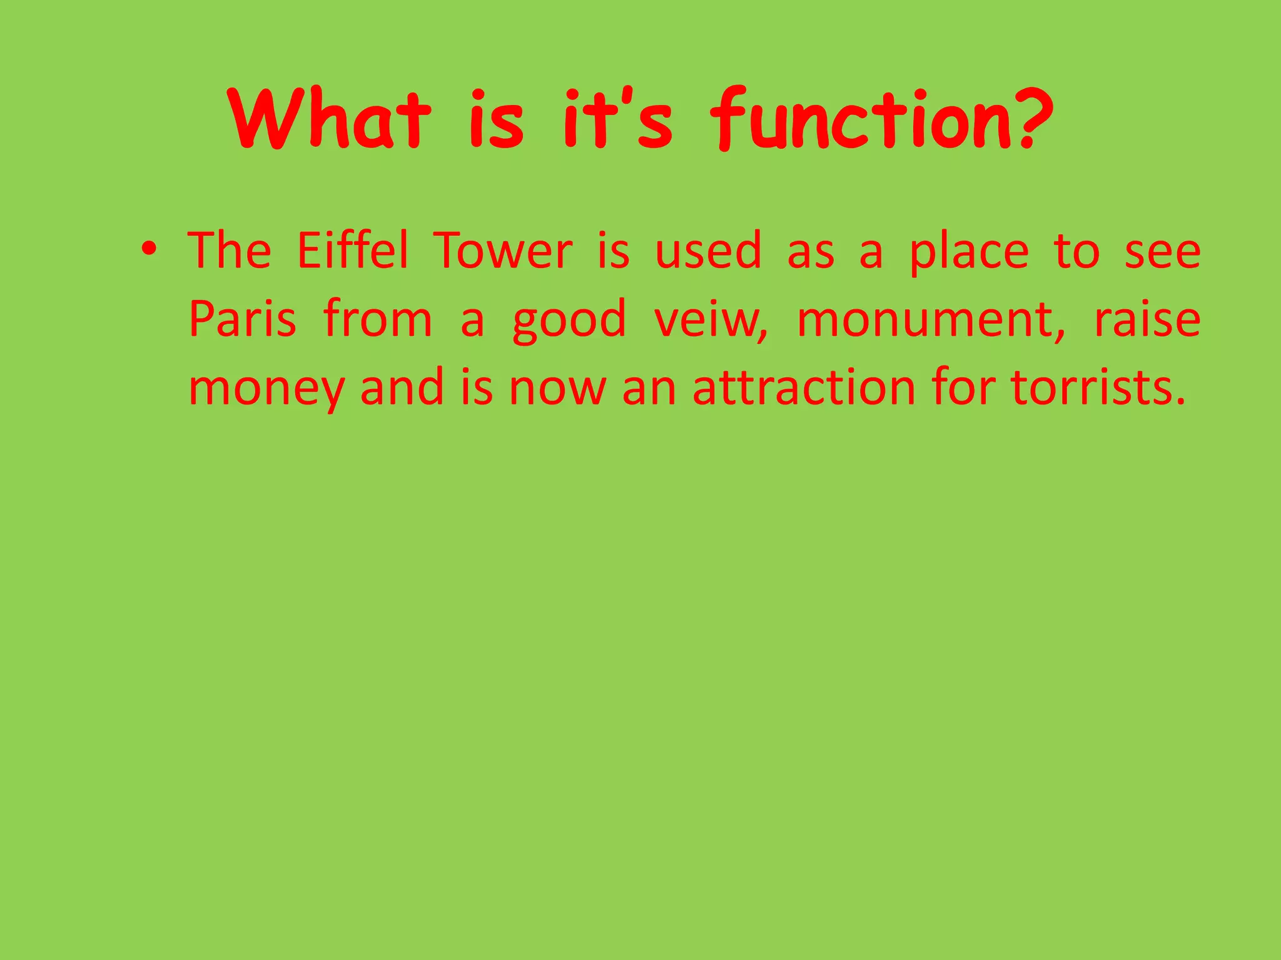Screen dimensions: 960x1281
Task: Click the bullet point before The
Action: point(148,250)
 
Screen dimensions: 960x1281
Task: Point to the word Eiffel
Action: point(352,251)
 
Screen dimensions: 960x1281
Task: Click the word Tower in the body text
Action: point(504,251)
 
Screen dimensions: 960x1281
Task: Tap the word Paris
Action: point(242,319)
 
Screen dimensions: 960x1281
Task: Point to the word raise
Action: point(1147,319)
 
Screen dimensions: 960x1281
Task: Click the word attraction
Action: point(804,387)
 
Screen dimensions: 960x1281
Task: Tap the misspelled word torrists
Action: point(1098,387)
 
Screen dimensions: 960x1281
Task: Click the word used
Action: point(707,251)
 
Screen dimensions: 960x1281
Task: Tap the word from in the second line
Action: point(378,319)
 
